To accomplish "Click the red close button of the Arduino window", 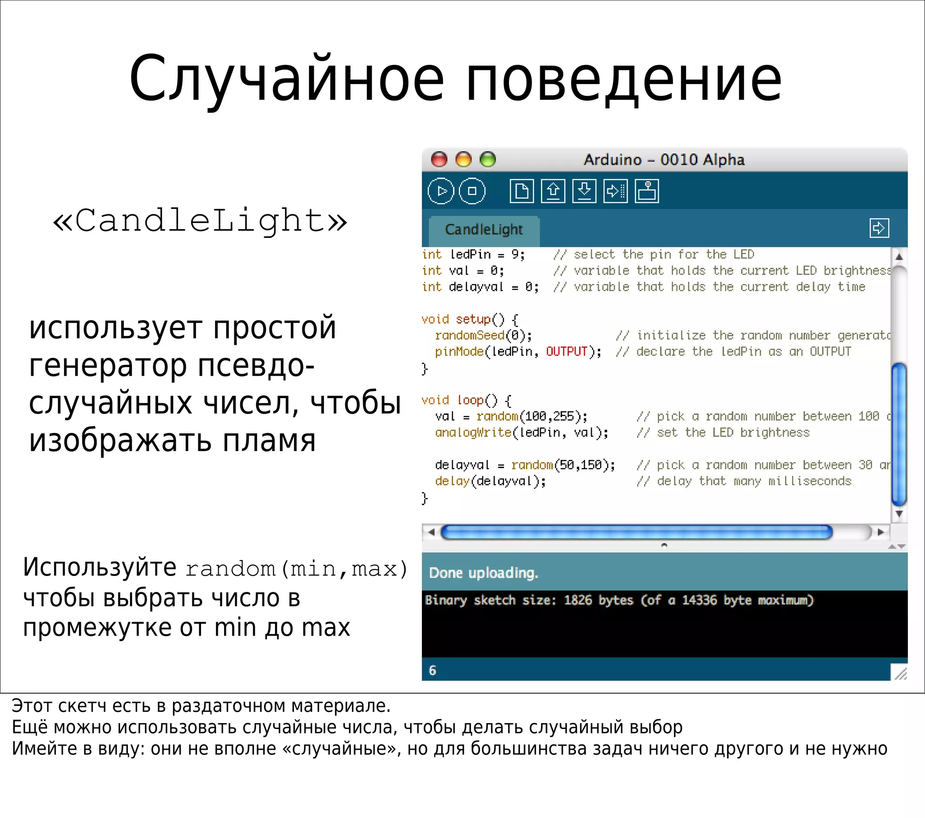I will tap(439, 159).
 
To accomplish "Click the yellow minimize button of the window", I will tap(463, 159).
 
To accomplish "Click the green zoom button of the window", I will tap(488, 159).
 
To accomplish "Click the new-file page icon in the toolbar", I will tap(521, 191).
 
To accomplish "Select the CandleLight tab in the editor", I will tap(484, 229).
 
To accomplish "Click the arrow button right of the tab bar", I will tap(879, 228).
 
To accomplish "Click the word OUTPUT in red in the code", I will tap(566, 352).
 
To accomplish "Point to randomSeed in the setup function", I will tap(469, 335).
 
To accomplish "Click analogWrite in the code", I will tap(473, 432).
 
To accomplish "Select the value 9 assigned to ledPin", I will tap(515, 254).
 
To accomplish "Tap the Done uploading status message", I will tap(483, 573).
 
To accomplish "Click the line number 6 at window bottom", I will tap(433, 670).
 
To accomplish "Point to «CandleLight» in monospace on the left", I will tap(200, 221).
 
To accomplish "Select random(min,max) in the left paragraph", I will tap(297, 569).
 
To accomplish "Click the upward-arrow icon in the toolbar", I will tap(553, 191).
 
